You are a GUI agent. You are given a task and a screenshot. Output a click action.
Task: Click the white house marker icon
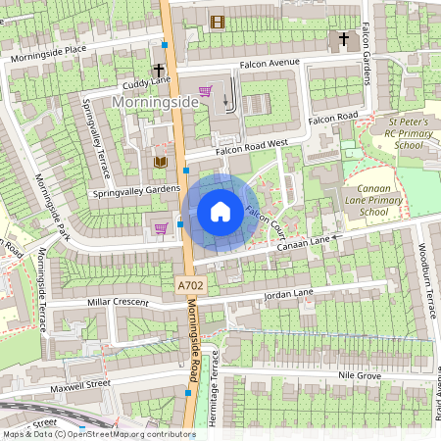coord(220,212)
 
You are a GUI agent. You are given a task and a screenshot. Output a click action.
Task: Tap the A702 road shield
coord(192,285)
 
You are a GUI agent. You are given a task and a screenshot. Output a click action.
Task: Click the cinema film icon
coord(218,22)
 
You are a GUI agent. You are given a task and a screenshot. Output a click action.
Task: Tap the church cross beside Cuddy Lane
coord(159,72)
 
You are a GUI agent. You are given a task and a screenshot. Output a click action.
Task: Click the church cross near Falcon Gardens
coord(343,40)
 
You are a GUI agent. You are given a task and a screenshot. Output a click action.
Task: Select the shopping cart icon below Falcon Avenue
coord(205,91)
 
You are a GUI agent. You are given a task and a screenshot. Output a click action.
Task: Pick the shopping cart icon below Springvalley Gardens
coord(160,228)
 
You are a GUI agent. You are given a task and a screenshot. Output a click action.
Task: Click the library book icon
coord(160,162)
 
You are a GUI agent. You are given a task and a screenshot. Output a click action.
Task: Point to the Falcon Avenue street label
coord(269,63)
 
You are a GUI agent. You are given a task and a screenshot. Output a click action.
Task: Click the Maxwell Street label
coord(83,384)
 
